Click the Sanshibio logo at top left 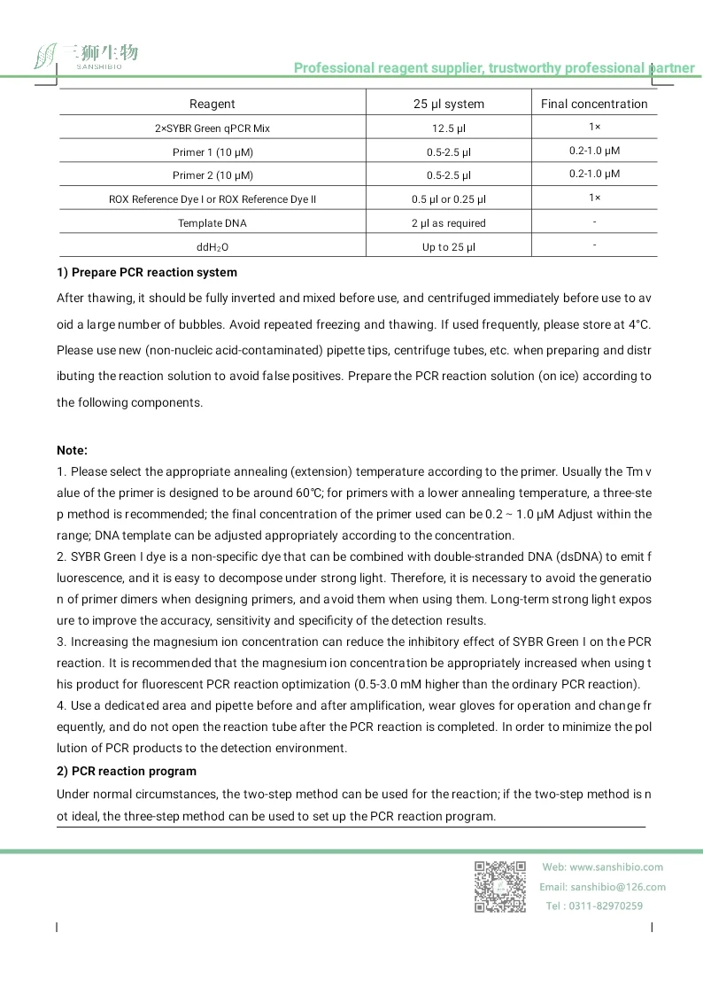[86, 56]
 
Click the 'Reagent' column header [212, 104]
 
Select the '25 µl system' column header [449, 104]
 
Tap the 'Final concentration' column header [594, 104]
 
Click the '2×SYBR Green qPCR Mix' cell [212, 128]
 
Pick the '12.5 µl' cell [449, 128]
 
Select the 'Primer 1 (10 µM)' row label [212, 152]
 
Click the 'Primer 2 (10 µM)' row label [212, 175]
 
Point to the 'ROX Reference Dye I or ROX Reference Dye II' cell [212, 199]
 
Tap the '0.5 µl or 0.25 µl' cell [449, 199]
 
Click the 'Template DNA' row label [212, 223]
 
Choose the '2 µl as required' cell [449, 223]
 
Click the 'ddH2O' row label [212, 247]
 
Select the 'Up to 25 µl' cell [449, 247]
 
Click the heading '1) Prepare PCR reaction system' [147, 272]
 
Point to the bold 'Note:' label [73, 450]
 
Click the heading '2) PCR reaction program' [127, 771]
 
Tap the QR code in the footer [500, 886]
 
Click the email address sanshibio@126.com [618, 887]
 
